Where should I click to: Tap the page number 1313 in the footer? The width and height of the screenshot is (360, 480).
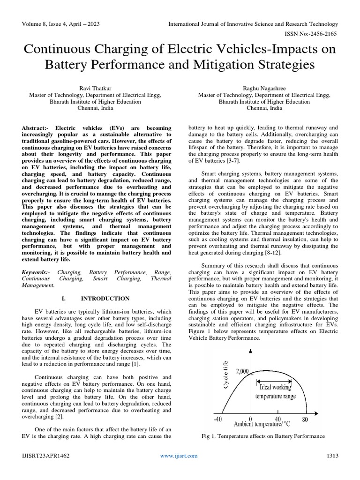pos(332,456)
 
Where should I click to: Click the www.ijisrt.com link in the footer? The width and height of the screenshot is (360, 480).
pos(179,456)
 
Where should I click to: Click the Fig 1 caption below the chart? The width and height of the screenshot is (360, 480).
pos(262,436)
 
